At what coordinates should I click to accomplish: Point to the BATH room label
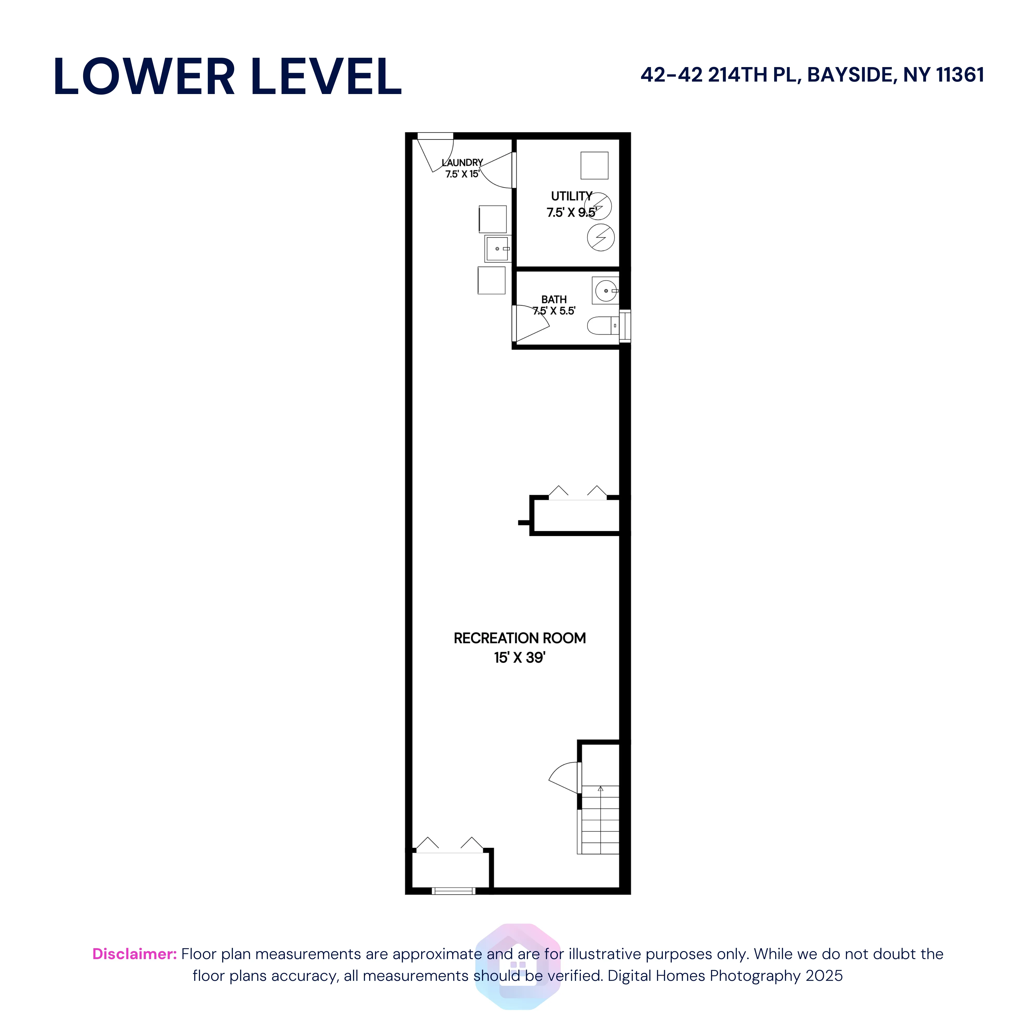point(554,299)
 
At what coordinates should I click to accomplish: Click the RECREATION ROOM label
point(519,638)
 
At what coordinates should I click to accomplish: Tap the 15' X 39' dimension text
point(519,658)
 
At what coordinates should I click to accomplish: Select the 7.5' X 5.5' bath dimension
point(554,311)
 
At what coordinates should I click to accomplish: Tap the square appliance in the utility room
point(594,165)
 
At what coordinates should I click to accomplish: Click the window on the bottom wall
point(454,891)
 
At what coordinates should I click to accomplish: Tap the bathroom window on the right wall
point(625,326)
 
